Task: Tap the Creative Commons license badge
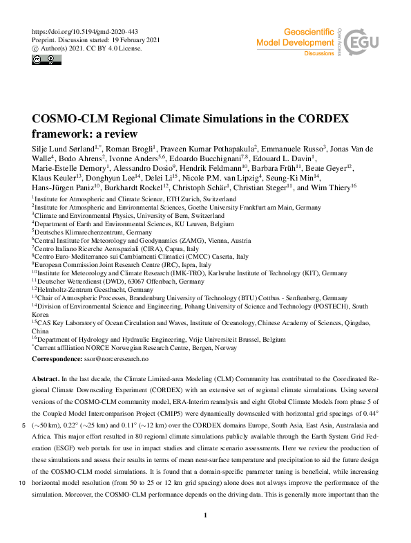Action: tap(42, 59)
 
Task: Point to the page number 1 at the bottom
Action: tap(206, 516)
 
